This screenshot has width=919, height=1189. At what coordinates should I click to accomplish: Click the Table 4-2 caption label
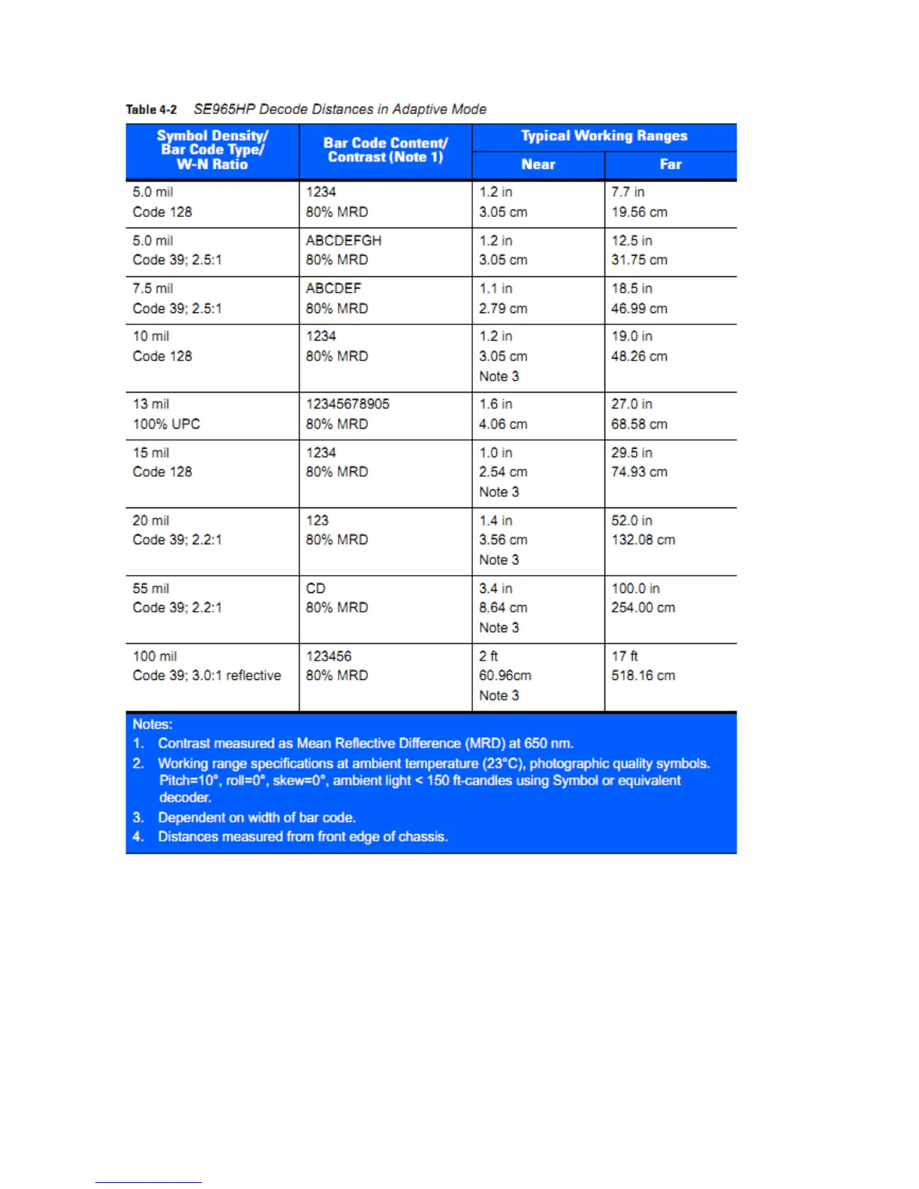coord(151,110)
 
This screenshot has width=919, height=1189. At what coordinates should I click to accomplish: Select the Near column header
coord(538,164)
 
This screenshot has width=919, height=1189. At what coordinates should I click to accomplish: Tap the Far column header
coord(670,164)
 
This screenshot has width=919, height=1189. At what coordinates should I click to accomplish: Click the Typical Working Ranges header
coord(604,136)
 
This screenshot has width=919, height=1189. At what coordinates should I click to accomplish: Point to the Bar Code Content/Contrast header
coord(385,150)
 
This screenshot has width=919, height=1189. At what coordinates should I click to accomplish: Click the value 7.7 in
coord(628,192)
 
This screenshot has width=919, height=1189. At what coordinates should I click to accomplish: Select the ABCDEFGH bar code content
coord(343,241)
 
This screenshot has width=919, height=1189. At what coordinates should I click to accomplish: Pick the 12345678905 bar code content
coord(347,404)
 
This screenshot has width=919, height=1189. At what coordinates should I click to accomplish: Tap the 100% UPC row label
coord(166,424)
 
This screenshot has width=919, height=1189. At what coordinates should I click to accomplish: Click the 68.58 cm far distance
coord(639,424)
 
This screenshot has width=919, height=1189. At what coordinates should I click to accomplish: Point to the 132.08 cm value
coord(643,540)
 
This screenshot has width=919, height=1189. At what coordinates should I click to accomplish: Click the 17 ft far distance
coord(624,656)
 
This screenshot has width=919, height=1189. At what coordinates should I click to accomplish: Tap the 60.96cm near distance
coord(505,676)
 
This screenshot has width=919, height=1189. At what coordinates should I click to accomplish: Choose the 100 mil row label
coord(155,656)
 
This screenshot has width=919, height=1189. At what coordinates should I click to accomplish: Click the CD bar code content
coord(315,588)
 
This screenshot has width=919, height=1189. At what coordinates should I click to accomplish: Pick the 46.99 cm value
coord(639,309)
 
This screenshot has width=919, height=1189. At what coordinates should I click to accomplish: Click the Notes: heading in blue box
coord(152,724)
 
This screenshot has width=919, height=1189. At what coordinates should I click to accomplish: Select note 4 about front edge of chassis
coord(303,837)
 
